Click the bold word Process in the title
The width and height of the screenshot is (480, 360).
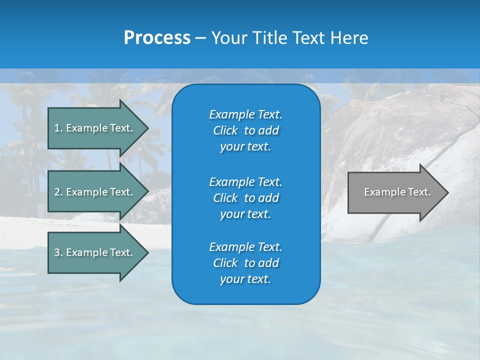click(157, 38)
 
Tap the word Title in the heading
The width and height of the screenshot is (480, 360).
click(270, 38)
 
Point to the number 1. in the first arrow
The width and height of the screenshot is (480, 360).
click(58, 128)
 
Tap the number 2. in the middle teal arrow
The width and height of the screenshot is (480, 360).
click(58, 192)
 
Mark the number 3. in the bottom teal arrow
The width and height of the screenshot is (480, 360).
click(58, 252)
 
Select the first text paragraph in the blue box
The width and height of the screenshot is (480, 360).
click(245, 130)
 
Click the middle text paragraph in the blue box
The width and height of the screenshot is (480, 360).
click(245, 198)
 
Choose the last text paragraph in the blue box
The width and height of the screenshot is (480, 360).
click(245, 263)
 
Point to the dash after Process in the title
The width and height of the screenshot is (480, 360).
click(200, 38)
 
